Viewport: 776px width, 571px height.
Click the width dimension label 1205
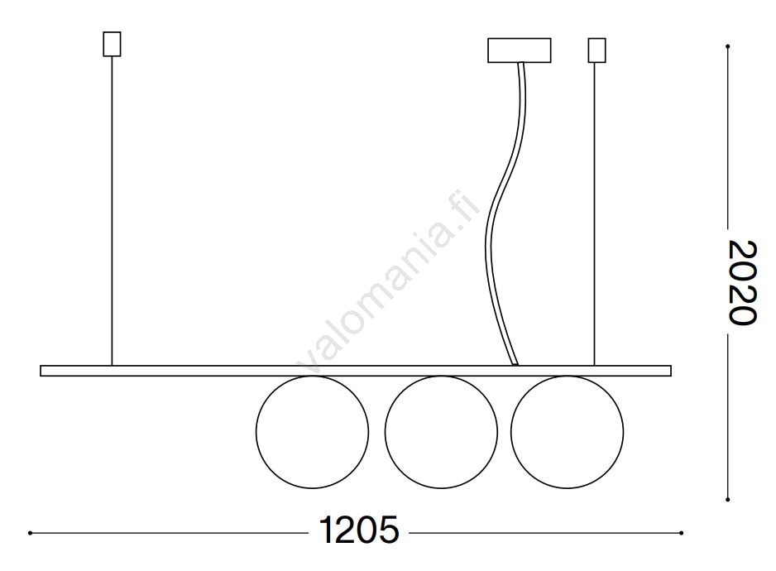(x=359, y=530)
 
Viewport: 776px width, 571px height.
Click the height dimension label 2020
(x=742, y=283)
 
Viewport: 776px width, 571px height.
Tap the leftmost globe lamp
(x=312, y=489)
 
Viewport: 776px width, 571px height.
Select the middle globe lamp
(x=441, y=489)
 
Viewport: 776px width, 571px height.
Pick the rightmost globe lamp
(x=568, y=489)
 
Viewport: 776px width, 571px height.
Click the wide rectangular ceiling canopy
(x=520, y=50)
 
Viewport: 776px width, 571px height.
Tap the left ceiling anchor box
(x=112, y=44)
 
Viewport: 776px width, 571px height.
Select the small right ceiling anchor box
(x=596, y=50)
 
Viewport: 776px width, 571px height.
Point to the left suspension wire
(x=112, y=211)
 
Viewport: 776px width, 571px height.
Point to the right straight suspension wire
(x=594, y=214)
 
